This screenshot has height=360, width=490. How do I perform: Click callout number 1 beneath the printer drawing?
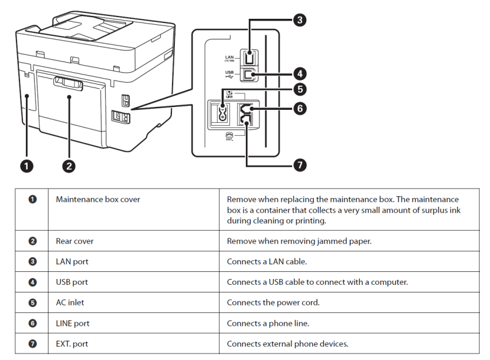26,166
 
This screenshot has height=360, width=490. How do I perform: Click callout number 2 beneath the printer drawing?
69,166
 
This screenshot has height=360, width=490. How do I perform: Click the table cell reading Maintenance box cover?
98,200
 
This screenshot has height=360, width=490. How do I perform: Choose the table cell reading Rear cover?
75,241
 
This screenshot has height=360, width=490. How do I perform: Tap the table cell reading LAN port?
72,261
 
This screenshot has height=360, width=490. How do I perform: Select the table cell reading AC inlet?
72,302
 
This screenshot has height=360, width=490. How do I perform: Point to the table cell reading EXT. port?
73,344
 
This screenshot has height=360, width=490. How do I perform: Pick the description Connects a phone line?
268,323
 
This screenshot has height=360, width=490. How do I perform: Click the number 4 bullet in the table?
33,282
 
